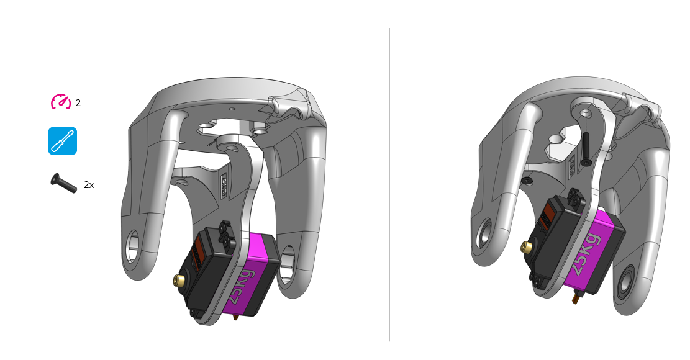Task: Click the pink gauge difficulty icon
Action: tap(61, 102)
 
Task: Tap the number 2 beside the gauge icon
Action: tap(78, 103)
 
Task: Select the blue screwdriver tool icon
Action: tap(62, 141)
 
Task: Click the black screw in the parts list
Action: tap(63, 183)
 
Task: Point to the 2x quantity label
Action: tap(89, 185)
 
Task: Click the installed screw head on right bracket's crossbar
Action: tap(527, 180)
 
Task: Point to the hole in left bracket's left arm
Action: tap(133, 246)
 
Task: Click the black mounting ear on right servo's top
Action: tap(575, 199)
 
